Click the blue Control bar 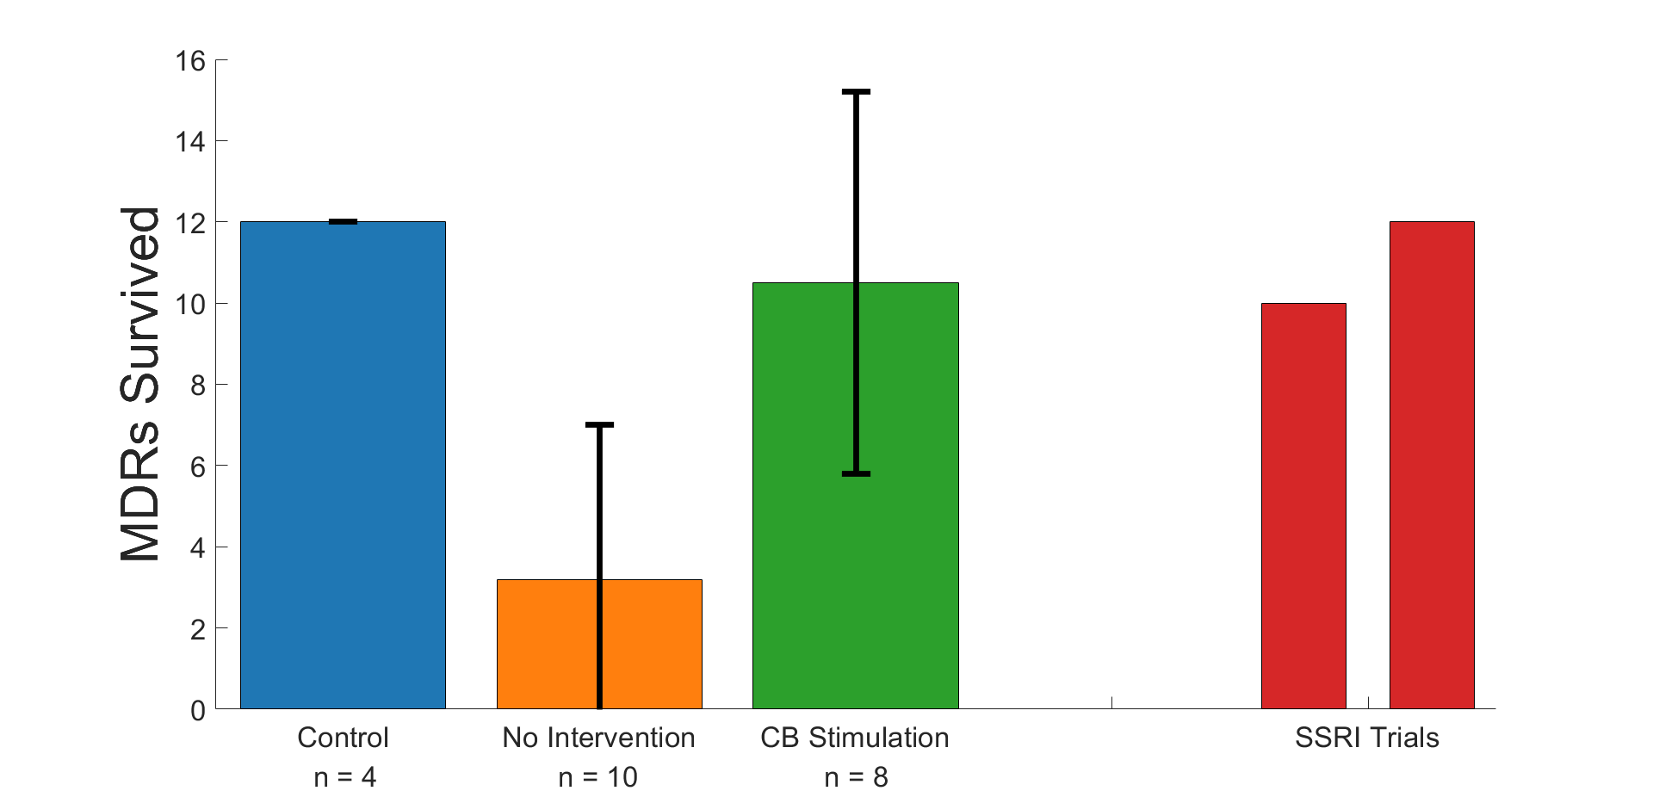(343, 465)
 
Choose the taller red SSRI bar (1432, 465)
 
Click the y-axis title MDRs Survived (140, 384)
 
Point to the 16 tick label (190, 60)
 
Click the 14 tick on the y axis (190, 141)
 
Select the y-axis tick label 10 (190, 304)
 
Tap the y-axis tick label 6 (197, 466)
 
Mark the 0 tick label (197, 710)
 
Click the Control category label (343, 738)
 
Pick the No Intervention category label (598, 738)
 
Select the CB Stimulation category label (855, 738)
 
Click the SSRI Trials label (1367, 738)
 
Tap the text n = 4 (344, 777)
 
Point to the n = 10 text (598, 777)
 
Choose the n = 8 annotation (856, 777)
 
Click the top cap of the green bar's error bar (856, 91)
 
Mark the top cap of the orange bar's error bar (599, 424)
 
